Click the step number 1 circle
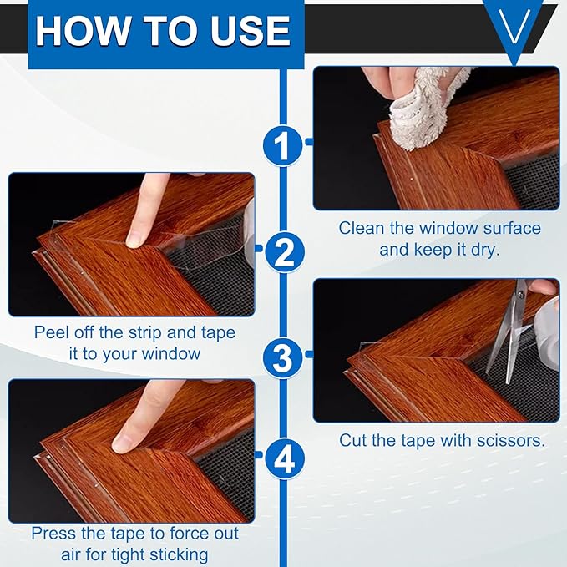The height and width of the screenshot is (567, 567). coord(284,144)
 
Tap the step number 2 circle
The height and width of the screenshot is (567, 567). coord(284,250)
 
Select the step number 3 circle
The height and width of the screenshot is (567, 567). coord(284,357)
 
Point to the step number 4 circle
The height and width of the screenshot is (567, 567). coord(284,458)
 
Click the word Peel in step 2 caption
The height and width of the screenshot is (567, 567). coord(50,332)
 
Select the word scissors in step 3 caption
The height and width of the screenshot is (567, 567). coord(508,439)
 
